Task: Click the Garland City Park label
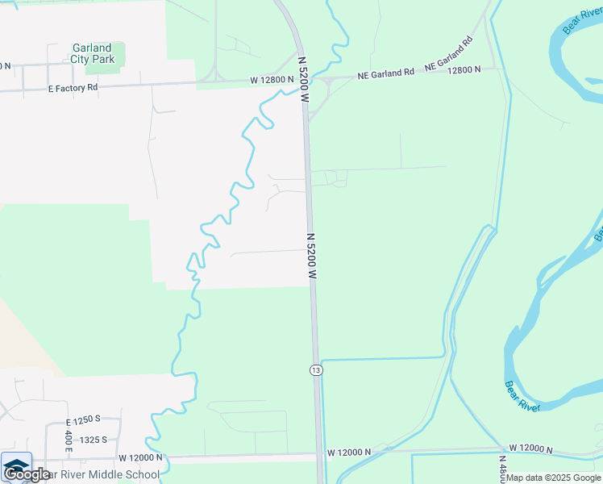pos(92,53)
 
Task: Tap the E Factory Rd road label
pos(73,87)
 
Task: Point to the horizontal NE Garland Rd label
pos(386,73)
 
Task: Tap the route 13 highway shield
pos(316,369)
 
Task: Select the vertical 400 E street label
pos(68,440)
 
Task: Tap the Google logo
pos(27,474)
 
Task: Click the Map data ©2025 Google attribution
pos(553,478)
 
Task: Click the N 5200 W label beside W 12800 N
pos(304,78)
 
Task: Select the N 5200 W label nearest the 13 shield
pos(311,258)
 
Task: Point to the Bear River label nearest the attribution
pos(522,395)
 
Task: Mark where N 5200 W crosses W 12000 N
pos(320,456)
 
